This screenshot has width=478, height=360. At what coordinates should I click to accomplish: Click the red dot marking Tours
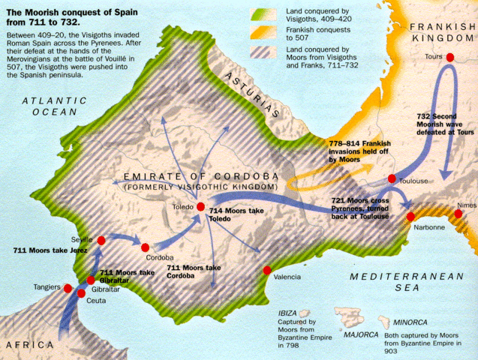pyautogui.click(x=450, y=57)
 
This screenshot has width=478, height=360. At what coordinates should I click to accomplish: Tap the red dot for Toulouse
pyautogui.click(x=392, y=178)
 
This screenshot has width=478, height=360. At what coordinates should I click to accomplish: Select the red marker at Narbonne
pyautogui.click(x=410, y=217)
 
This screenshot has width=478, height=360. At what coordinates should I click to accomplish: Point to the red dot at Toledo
pyautogui.click(x=200, y=206)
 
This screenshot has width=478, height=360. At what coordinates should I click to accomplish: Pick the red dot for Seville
pyautogui.click(x=101, y=240)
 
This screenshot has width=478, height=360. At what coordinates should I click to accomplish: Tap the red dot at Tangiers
pyautogui.click(x=68, y=287)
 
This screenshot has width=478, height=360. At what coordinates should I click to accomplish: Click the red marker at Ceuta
pyautogui.click(x=81, y=293)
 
